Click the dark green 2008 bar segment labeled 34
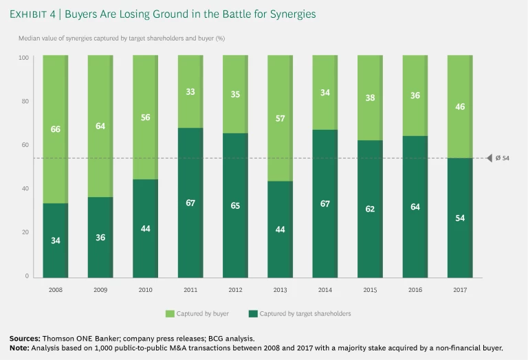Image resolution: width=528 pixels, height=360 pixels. point(55,240)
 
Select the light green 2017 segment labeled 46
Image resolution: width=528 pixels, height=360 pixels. point(459,106)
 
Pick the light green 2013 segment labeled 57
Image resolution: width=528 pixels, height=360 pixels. point(280,118)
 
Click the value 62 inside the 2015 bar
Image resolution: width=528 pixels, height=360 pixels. point(370,208)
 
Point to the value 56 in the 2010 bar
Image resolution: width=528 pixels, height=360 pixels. point(145,117)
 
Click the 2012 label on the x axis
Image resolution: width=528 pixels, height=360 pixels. point(235,290)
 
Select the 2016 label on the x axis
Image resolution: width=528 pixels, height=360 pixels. point(415,290)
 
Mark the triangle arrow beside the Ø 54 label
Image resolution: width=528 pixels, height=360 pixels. point(489,159)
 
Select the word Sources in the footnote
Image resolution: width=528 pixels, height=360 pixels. point(24,339)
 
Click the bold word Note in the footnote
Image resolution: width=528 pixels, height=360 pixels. point(19,348)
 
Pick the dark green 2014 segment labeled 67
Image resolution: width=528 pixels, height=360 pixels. point(324,203)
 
